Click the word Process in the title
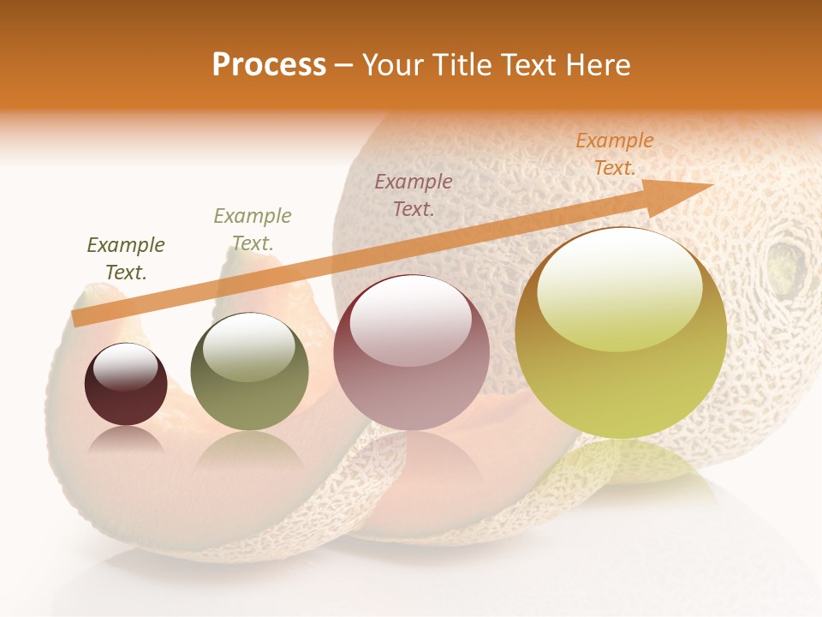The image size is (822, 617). [x=269, y=64]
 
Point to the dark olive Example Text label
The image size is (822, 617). [x=126, y=258]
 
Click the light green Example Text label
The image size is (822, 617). [x=253, y=229]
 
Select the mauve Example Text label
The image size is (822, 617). [x=414, y=195]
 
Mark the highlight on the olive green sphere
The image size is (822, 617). [x=248, y=348]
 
